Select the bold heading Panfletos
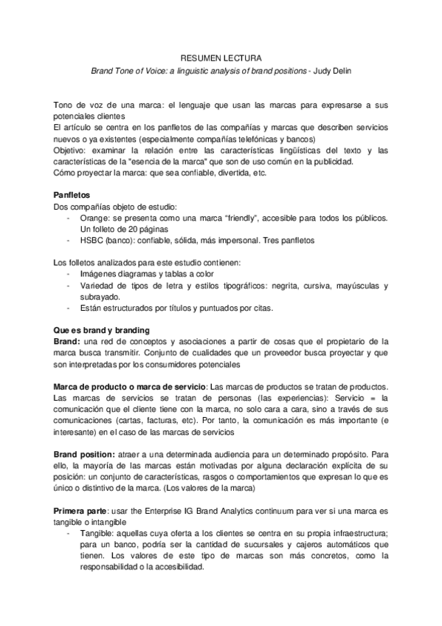[72, 194]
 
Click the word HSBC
[92, 240]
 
